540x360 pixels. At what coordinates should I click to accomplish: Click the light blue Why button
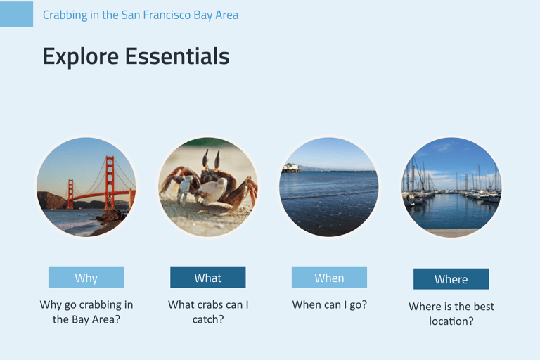86,277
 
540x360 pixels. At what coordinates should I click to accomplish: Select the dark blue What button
208,277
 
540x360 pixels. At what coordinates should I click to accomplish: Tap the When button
329,277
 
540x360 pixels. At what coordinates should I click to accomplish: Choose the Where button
451,278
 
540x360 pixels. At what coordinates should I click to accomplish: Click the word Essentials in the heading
177,56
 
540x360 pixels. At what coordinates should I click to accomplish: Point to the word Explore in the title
81,57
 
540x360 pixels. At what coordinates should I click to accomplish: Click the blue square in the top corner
17,14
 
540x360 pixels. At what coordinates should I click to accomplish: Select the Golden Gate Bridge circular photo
86,187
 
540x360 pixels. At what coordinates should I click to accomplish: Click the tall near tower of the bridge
110,183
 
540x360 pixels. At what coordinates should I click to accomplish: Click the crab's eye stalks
212,159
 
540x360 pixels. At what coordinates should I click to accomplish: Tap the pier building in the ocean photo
291,168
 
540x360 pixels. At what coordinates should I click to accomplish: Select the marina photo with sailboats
451,187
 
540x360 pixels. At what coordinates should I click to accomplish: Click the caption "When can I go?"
330,304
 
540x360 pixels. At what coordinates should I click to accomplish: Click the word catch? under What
208,319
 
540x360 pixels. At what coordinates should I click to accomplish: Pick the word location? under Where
451,321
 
